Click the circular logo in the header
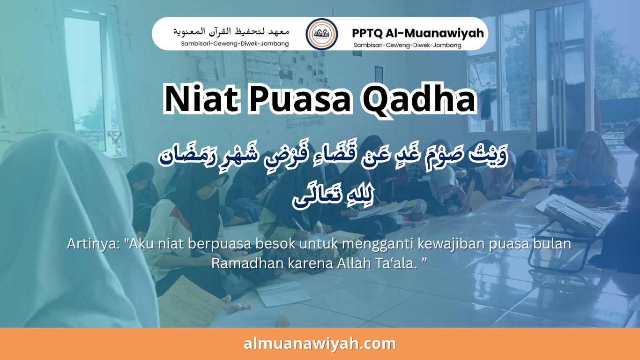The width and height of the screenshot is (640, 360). (x=321, y=34)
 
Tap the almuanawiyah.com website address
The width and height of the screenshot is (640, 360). (x=320, y=344)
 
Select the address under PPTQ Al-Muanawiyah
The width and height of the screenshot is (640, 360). (x=407, y=45)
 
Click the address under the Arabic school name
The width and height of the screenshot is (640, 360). (x=235, y=44)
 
